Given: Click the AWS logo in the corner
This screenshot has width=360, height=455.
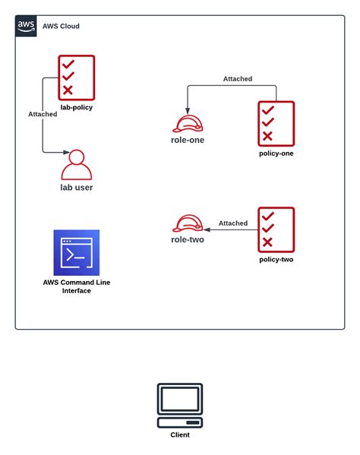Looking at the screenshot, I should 26,26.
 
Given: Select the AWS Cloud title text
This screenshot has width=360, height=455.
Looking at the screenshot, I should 60,27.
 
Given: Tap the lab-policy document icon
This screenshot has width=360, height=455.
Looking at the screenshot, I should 77,77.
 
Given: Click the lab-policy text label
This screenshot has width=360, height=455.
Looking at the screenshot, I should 77,108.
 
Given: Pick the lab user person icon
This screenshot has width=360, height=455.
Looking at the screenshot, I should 76,164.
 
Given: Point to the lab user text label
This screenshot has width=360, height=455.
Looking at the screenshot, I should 76,187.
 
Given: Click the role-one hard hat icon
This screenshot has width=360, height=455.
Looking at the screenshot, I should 187,123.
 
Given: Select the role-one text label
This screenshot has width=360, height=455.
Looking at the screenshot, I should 187,140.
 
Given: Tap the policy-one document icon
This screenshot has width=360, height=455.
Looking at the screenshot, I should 276,123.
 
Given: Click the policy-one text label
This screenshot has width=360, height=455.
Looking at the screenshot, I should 276,153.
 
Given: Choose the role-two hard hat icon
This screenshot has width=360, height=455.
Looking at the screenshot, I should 187,224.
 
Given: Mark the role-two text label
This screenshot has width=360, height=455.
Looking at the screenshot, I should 187,239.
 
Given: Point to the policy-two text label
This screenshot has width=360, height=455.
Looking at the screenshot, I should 276,259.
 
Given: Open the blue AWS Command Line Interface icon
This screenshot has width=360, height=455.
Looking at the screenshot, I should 76,253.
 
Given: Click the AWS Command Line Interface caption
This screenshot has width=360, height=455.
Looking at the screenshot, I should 76,286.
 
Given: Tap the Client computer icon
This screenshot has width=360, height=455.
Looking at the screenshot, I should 180,406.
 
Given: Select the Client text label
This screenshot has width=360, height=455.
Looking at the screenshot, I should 180,435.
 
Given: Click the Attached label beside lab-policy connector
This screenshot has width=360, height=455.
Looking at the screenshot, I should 43,114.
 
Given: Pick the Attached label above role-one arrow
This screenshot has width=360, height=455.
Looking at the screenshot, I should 238,79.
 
